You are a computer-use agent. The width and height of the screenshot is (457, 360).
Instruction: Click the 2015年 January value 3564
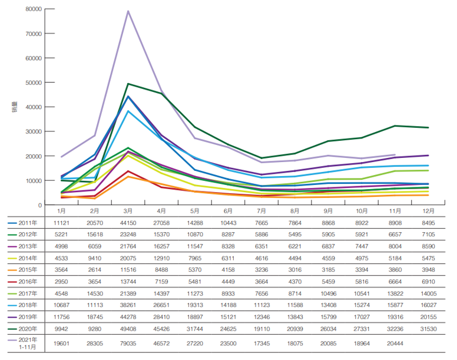pos(61,270)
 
